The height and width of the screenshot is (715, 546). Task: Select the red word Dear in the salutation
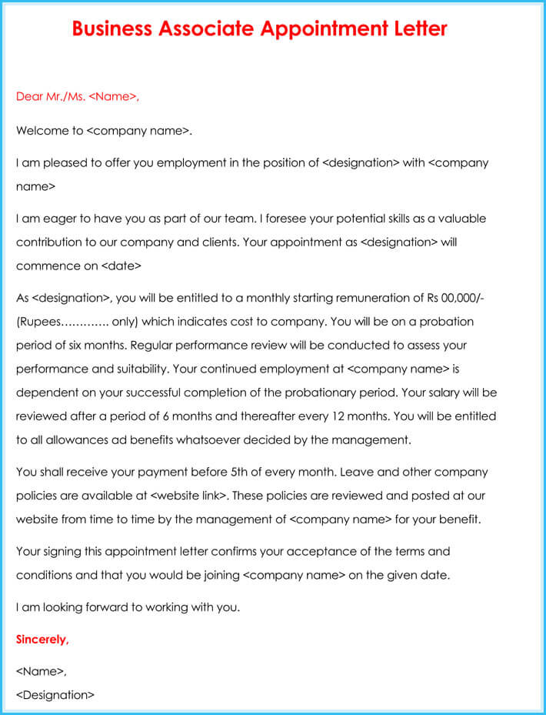[29, 97]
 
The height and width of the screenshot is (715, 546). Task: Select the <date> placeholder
[121, 266]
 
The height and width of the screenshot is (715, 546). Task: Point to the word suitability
[133, 369]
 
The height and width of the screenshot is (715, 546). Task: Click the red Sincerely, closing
[42, 640]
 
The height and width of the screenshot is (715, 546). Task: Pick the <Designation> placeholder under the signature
[55, 695]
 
